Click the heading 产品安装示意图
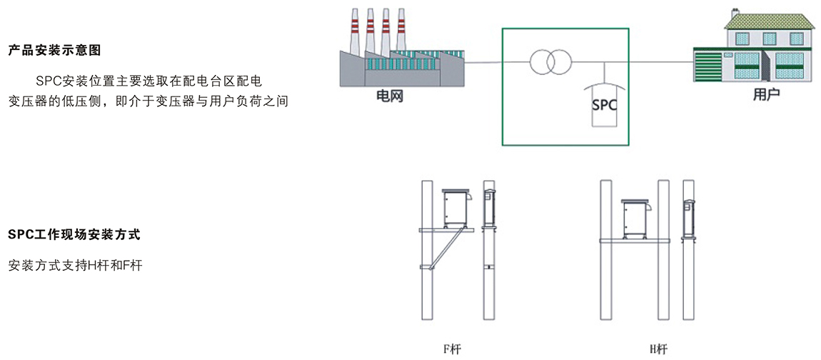54,51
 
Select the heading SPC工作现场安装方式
74,235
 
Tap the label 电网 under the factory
390,96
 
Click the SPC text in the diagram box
604,104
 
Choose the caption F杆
451,349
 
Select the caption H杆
659,349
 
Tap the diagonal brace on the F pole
445,249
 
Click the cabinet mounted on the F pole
457,208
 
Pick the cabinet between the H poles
635,219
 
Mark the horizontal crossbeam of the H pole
635,241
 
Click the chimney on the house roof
735,11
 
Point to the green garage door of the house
711,65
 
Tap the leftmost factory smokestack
355,31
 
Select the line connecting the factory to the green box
483,62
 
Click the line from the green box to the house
661,62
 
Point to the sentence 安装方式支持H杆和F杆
76,266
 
